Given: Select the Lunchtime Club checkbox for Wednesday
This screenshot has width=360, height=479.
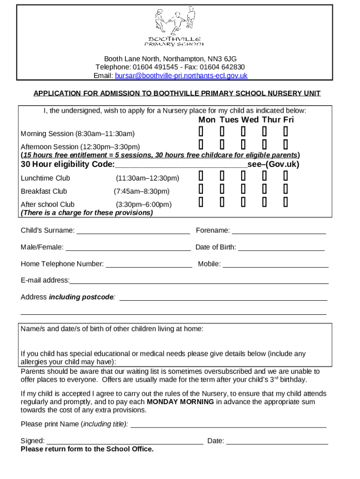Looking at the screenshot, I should [243, 176].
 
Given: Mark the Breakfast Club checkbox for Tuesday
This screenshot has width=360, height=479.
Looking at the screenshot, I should [222, 189].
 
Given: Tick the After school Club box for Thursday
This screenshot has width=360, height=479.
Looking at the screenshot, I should [264, 202].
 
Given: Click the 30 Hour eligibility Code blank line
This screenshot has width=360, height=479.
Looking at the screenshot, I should [181, 165].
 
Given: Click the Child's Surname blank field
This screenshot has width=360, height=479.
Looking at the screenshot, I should [133, 231].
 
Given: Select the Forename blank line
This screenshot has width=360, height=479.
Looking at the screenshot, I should [279, 231].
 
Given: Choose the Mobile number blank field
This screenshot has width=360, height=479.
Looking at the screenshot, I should [275, 264].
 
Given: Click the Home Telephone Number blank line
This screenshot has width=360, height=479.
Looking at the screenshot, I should [149, 264].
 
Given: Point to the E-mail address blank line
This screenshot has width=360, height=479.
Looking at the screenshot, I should [199, 281].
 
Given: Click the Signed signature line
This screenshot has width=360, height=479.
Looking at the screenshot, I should [125, 441].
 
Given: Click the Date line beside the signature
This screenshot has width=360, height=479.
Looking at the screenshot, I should [277, 441].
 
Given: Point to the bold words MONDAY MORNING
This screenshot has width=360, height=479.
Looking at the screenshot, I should [180, 402].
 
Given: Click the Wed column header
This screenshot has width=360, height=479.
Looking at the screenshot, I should [250, 120].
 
